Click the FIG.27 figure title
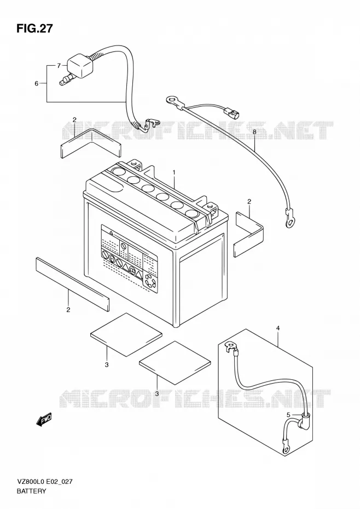click(34, 28)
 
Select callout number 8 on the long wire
click(254, 132)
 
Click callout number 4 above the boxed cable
click(278, 328)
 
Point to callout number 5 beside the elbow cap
click(288, 414)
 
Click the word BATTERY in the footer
click(31, 491)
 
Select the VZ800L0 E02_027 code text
click(44, 482)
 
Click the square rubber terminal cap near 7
click(80, 67)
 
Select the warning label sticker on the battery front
click(130, 258)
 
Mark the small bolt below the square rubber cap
click(65, 80)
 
